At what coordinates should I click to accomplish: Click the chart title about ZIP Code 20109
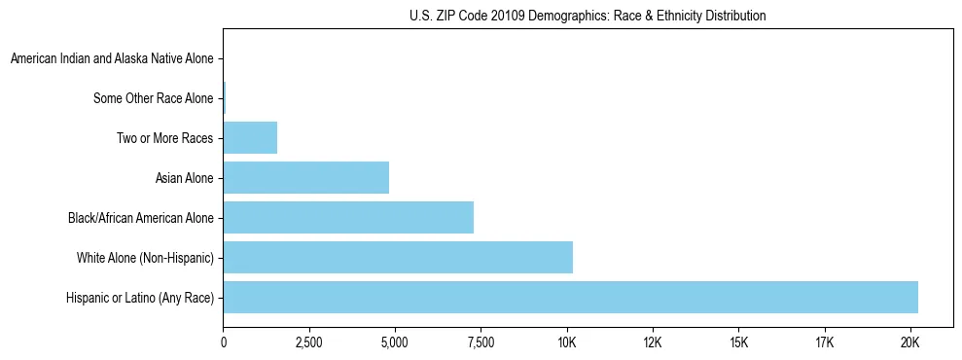(x=588, y=16)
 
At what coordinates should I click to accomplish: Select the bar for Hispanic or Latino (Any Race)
(x=570, y=298)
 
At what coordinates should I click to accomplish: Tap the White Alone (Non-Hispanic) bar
(x=398, y=258)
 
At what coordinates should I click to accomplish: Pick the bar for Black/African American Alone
(x=348, y=218)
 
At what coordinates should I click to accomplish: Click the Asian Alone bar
(x=306, y=178)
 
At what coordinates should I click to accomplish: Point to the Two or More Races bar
(x=250, y=138)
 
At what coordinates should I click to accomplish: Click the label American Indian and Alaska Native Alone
(x=112, y=59)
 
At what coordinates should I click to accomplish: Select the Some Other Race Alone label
(x=154, y=98)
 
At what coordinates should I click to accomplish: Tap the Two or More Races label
(x=165, y=138)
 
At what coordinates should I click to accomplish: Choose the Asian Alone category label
(x=185, y=178)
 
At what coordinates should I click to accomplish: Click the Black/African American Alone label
(x=141, y=218)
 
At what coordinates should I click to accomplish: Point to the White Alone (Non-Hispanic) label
(x=145, y=258)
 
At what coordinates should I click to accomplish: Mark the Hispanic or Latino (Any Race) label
(x=140, y=298)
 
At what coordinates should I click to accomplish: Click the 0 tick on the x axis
(x=224, y=343)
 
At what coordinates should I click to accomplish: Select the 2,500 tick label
(x=309, y=343)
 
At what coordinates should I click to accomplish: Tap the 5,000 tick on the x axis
(x=395, y=343)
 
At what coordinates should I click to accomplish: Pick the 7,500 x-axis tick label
(x=481, y=343)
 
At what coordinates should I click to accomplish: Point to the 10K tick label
(x=566, y=343)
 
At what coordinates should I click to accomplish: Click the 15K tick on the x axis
(x=738, y=343)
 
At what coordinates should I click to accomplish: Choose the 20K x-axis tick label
(x=909, y=343)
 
